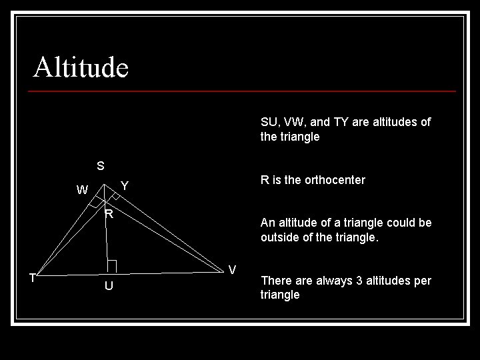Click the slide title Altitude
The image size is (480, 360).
tap(81, 67)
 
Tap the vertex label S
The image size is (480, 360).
tap(100, 165)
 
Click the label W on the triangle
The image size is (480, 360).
tap(82, 190)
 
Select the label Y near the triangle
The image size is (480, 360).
tap(125, 185)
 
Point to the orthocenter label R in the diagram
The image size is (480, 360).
tap(108, 214)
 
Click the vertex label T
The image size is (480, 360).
tap(32, 278)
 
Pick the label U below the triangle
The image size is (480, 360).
tap(108, 286)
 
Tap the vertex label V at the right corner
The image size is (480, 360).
tap(232, 270)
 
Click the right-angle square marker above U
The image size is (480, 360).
tap(112, 266)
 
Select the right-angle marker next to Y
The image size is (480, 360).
tap(115, 196)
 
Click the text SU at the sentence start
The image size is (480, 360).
tap(269, 122)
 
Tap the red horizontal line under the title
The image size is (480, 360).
tap(244, 91)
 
